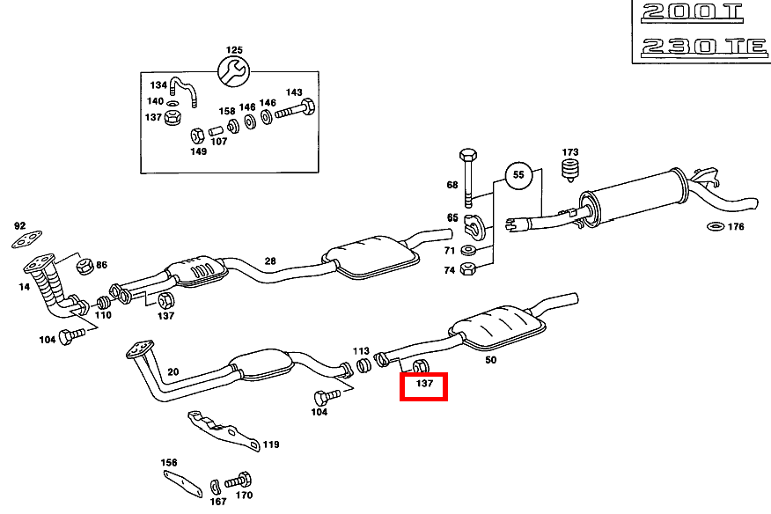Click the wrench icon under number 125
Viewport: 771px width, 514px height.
click(x=233, y=71)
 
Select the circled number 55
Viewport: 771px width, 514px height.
click(x=518, y=175)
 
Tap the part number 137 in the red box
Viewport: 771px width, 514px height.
click(x=424, y=385)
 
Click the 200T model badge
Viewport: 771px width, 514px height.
click(x=692, y=13)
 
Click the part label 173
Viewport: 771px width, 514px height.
click(x=570, y=152)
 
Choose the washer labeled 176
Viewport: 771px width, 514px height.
click(x=715, y=228)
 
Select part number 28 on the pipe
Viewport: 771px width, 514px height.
click(x=270, y=261)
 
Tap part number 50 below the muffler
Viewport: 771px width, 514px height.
click(x=491, y=360)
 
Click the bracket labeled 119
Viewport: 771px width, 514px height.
click(x=224, y=430)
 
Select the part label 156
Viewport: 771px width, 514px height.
click(x=169, y=463)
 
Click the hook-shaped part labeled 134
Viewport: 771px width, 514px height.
click(x=182, y=87)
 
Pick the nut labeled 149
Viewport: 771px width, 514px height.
click(x=198, y=136)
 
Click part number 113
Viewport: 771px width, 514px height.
click(x=361, y=350)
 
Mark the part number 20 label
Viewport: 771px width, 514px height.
click(x=173, y=373)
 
